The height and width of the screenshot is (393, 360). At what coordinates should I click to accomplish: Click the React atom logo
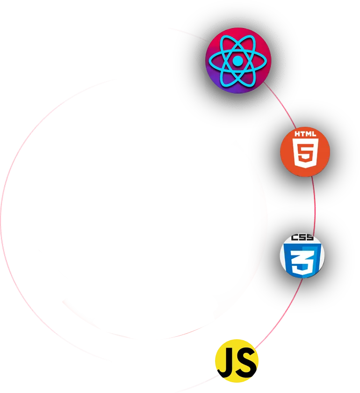pyautogui.click(x=238, y=61)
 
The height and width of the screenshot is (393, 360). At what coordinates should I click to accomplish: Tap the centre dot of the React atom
pyautogui.click(x=238, y=61)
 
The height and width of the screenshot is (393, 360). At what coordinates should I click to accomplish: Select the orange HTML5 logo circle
pyautogui.click(x=305, y=152)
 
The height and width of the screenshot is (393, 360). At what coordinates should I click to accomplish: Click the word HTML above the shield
pyautogui.click(x=305, y=134)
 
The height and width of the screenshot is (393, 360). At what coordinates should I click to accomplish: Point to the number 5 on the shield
pyautogui.click(x=305, y=153)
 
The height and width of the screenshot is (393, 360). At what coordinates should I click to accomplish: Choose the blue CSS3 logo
pyautogui.click(x=302, y=255)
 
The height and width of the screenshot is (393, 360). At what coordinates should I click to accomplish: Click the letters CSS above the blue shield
pyautogui.click(x=302, y=238)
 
